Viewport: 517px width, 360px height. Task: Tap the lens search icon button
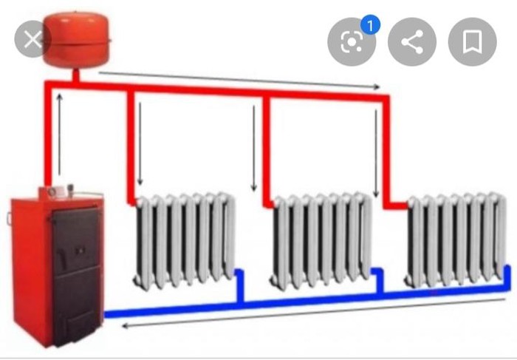[x=351, y=42]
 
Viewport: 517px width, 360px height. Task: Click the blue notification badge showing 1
[x=370, y=26]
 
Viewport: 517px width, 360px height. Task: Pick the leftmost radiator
[x=184, y=240]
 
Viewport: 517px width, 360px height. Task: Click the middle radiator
[x=323, y=240]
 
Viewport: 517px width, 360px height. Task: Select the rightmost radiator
[x=458, y=240]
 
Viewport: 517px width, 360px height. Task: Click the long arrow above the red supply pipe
[x=240, y=79]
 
